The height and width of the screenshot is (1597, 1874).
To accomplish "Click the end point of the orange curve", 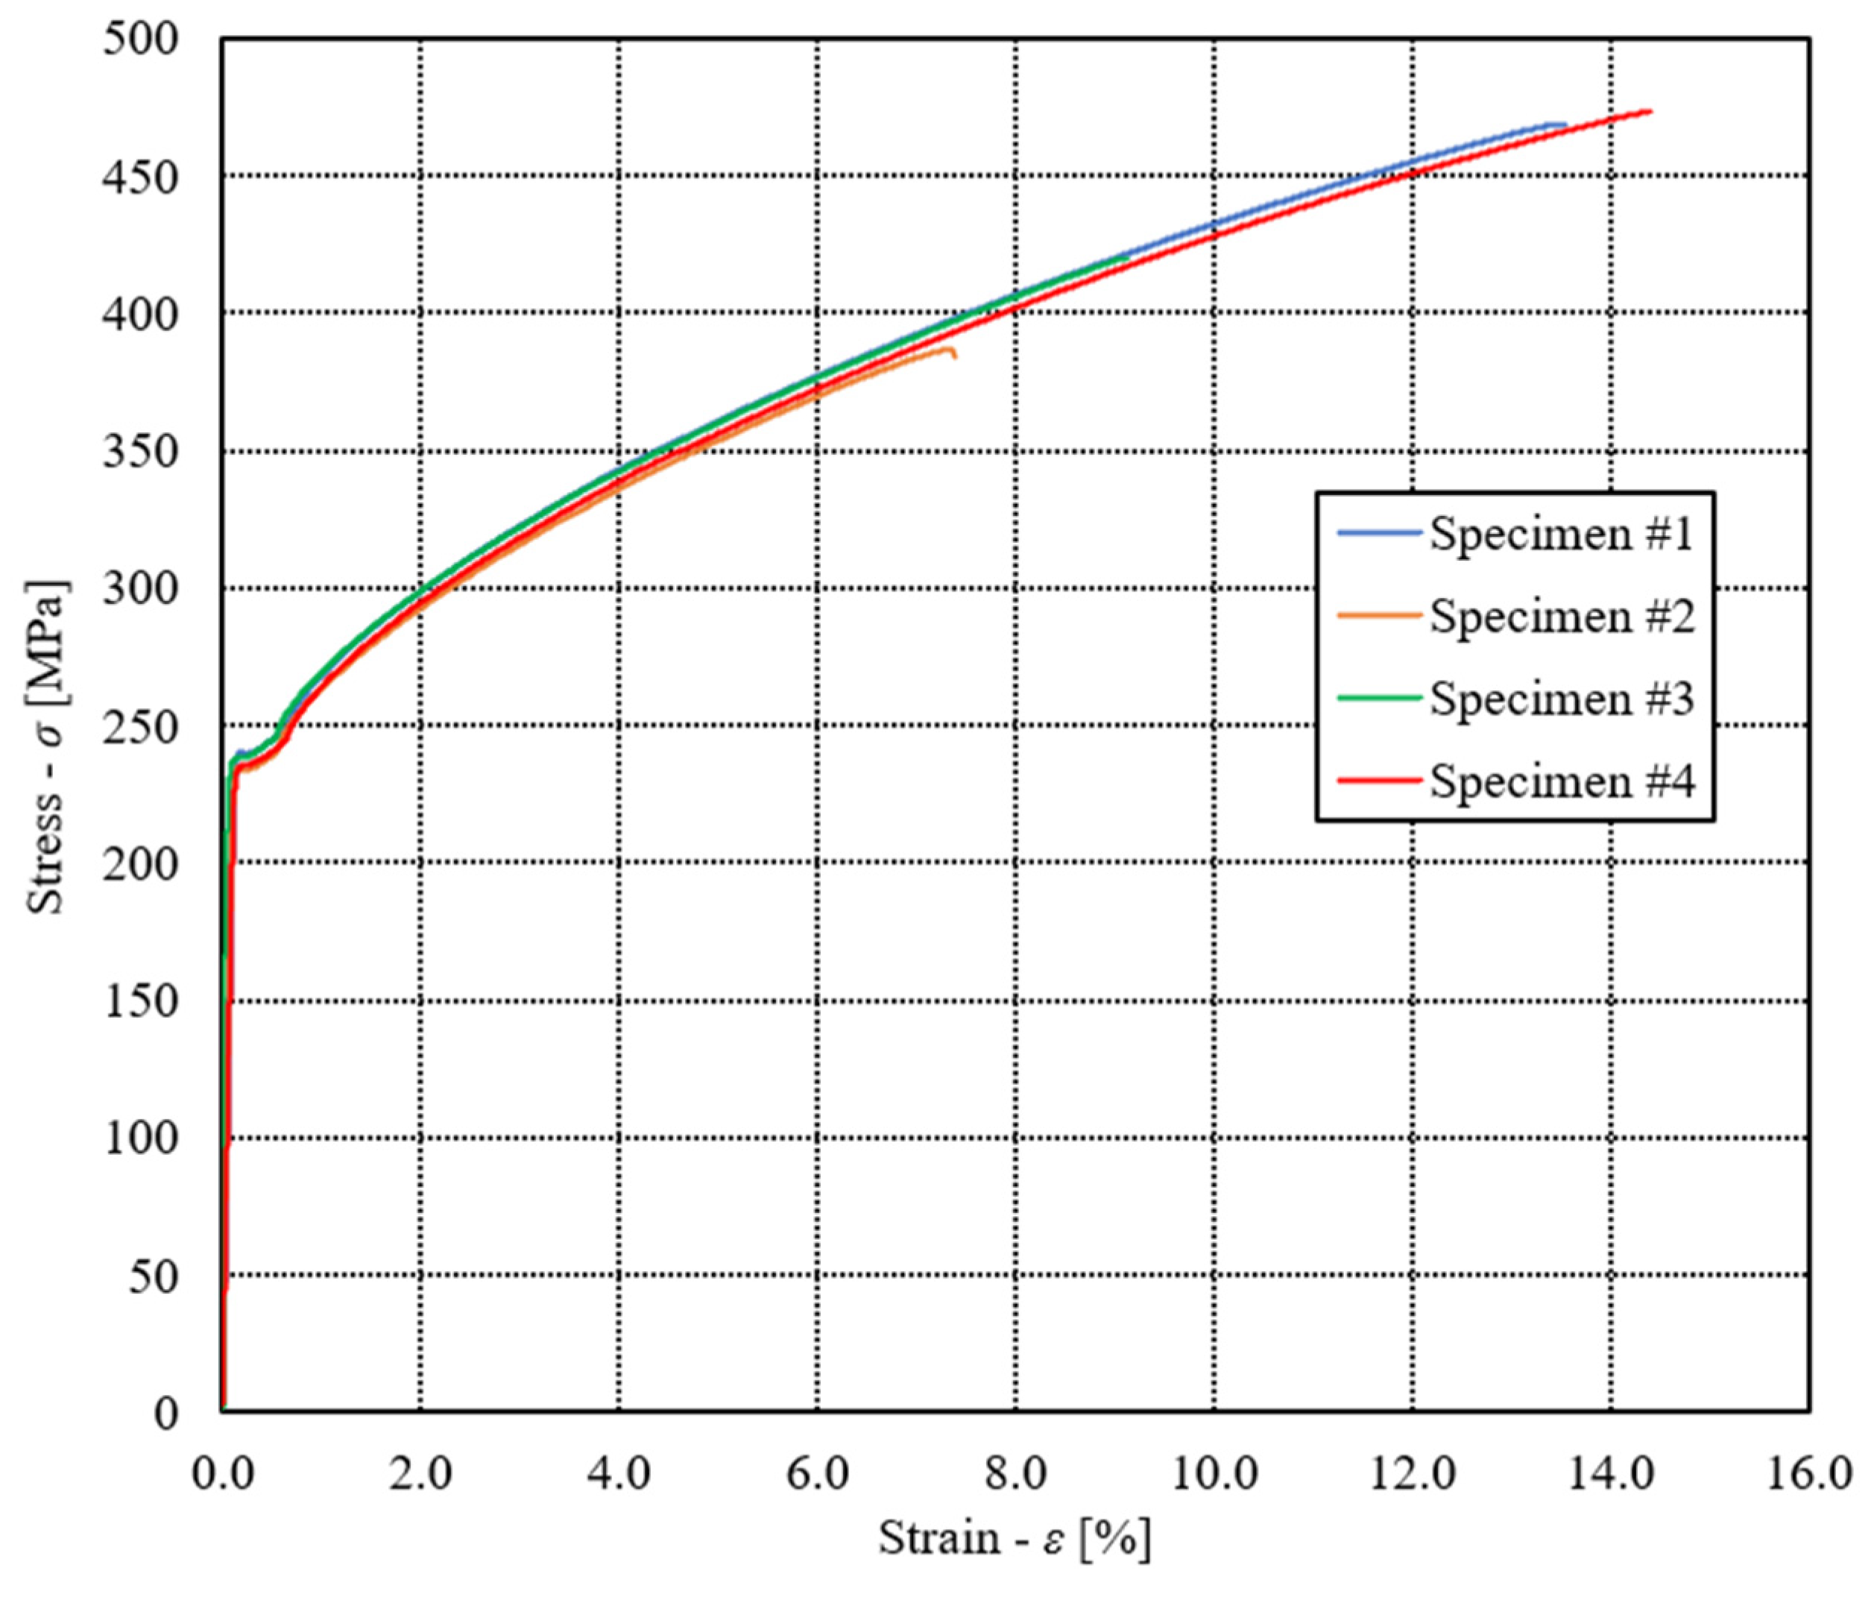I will click(954, 356).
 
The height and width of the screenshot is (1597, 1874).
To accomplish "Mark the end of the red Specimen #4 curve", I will click(1650, 111).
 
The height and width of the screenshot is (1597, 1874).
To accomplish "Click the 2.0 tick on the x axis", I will click(420, 1474).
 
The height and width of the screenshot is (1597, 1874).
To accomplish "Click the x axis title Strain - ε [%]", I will click(1015, 1538).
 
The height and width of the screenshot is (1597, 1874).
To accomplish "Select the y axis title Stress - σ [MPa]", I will click(47, 746).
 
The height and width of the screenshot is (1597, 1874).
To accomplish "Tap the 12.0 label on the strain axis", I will click(1412, 1474).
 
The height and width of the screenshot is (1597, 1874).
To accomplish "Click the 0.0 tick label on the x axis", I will click(222, 1474).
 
